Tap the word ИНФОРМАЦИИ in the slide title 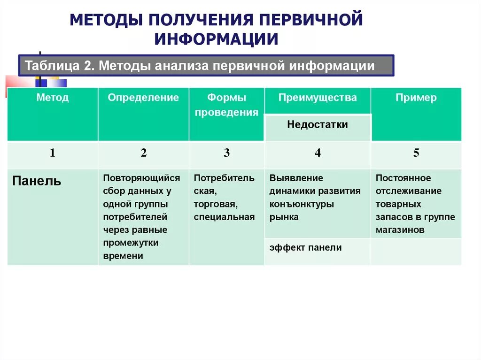pyautogui.click(x=217, y=39)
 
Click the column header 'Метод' pyautogui.click(x=53, y=98)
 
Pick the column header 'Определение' pyautogui.click(x=143, y=98)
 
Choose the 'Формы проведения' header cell pyautogui.click(x=226, y=105)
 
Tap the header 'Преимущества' pyautogui.click(x=318, y=98)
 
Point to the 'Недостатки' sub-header pyautogui.click(x=318, y=125)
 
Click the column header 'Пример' pyautogui.click(x=416, y=98)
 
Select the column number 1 pyautogui.click(x=53, y=153)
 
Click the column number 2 pyautogui.click(x=143, y=153)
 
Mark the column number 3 pyautogui.click(x=226, y=153)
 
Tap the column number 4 pyautogui.click(x=318, y=153)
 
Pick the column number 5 pyautogui.click(x=416, y=153)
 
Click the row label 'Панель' pyautogui.click(x=37, y=181)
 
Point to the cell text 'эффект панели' pyautogui.click(x=305, y=247)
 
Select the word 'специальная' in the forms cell pyautogui.click(x=224, y=217)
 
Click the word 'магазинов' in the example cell pyautogui.click(x=400, y=230)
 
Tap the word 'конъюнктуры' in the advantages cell pyautogui.click(x=302, y=204)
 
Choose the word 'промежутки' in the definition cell pyautogui.click(x=131, y=243)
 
